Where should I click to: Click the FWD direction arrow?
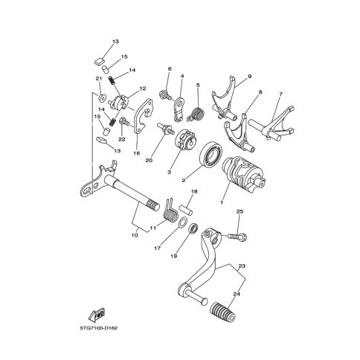(x=97, y=315)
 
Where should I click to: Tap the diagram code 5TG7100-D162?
(x=98, y=328)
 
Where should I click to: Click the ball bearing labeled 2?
(x=212, y=154)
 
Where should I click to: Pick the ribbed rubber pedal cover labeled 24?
(x=222, y=311)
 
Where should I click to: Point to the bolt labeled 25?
(x=237, y=237)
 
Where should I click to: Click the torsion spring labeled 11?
(x=170, y=212)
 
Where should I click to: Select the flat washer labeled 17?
(x=182, y=221)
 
